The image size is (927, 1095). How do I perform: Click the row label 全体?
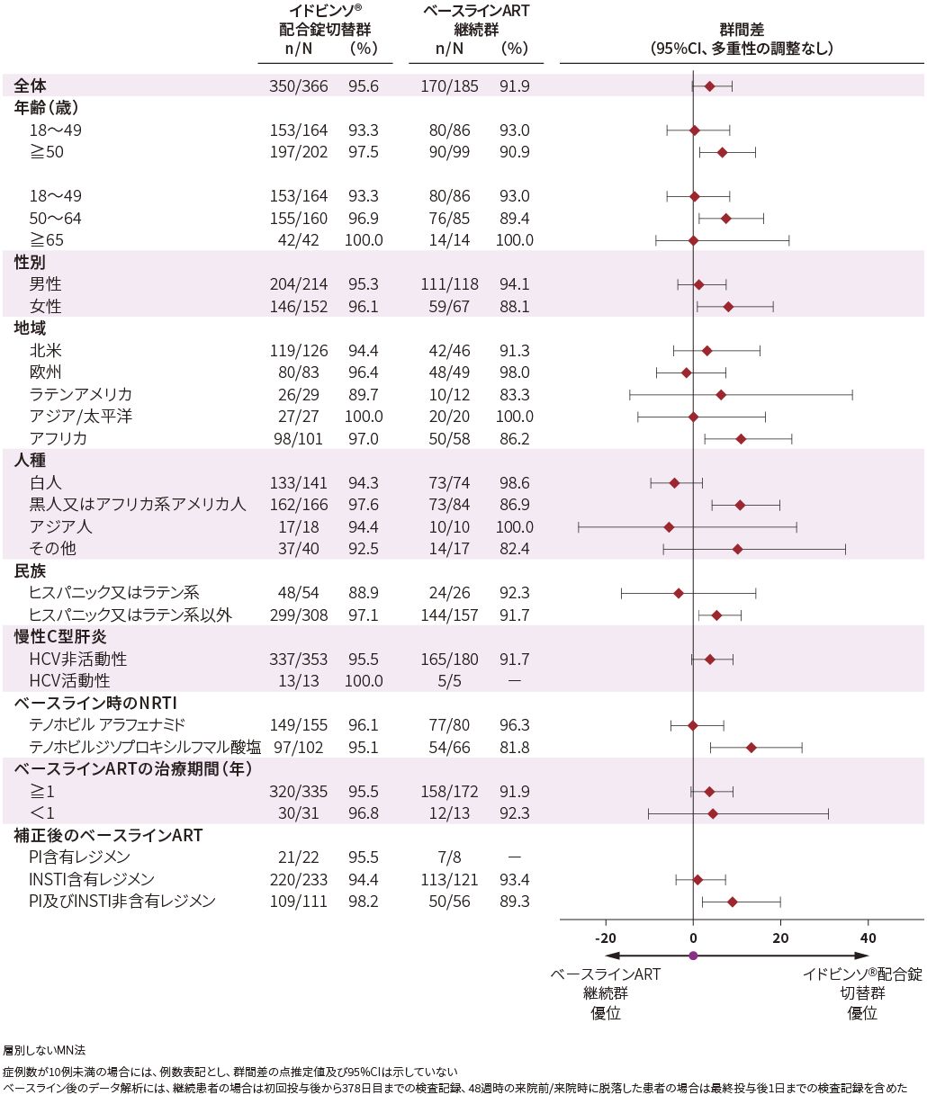pyautogui.click(x=31, y=85)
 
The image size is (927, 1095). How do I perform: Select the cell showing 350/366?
pyautogui.click(x=299, y=85)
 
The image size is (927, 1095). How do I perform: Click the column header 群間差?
pyautogui.click(x=742, y=30)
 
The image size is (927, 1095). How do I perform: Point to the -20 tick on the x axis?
pyautogui.click(x=605, y=938)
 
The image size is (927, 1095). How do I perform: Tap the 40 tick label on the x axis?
pyautogui.click(x=868, y=938)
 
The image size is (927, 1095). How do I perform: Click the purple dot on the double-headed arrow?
pyautogui.click(x=693, y=956)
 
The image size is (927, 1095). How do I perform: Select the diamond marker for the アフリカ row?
pyautogui.click(x=741, y=438)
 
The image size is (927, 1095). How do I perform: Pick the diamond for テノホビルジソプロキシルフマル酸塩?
pyautogui.click(x=751, y=747)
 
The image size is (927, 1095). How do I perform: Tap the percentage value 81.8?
pyautogui.click(x=514, y=747)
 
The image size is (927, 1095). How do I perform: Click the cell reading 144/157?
pyautogui.click(x=449, y=615)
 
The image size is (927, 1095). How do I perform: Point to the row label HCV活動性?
pyautogui.click(x=69, y=681)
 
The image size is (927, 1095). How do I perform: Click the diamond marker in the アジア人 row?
pyautogui.click(x=668, y=526)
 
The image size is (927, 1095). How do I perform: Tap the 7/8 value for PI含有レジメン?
pyautogui.click(x=449, y=857)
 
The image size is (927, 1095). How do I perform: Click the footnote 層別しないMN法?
pyautogui.click(x=44, y=1050)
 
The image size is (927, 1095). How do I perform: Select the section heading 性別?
pyautogui.click(x=30, y=262)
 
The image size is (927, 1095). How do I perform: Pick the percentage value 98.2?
pyautogui.click(x=363, y=902)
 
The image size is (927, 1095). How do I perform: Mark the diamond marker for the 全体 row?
pyautogui.click(x=709, y=85)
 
